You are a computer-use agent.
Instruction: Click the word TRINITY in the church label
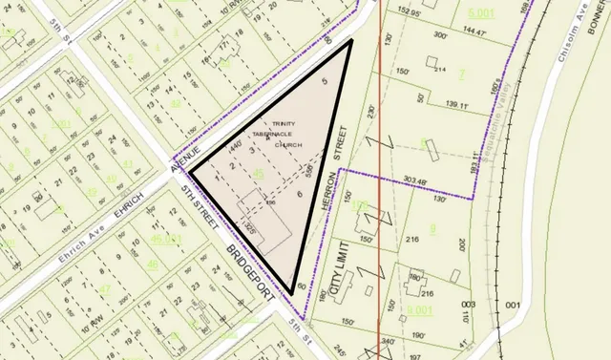click(x=284, y=123)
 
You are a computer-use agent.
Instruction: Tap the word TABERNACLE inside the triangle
click(x=287, y=134)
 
